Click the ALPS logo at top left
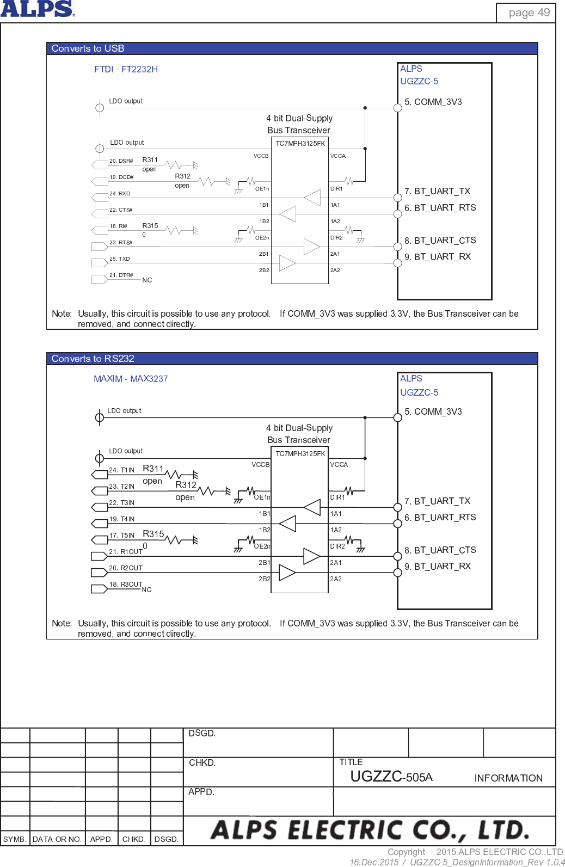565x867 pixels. [x=37, y=9]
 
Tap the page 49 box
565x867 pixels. [x=529, y=13]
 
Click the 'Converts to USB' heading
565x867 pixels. [x=88, y=48]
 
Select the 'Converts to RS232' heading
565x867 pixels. [x=93, y=359]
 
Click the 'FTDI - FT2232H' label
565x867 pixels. [x=126, y=69]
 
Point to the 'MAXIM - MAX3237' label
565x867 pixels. [x=131, y=379]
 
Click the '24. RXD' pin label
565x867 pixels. [x=120, y=194]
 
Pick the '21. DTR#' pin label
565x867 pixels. [x=121, y=275]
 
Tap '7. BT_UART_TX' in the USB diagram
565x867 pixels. [x=437, y=192]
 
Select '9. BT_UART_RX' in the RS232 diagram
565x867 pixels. [x=438, y=567]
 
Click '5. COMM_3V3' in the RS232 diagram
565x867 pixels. [x=433, y=412]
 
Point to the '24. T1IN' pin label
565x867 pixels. [x=121, y=470]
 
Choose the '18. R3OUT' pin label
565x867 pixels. [x=126, y=585]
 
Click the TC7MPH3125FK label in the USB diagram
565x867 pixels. [x=300, y=144]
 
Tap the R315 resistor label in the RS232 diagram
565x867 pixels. [x=153, y=534]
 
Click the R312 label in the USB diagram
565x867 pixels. [x=182, y=176]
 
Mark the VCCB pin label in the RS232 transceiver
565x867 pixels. [x=260, y=465]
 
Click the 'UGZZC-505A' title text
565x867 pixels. [x=391, y=777]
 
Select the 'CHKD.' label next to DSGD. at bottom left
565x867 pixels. [x=134, y=839]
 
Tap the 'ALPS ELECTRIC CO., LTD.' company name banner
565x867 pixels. [x=370, y=831]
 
